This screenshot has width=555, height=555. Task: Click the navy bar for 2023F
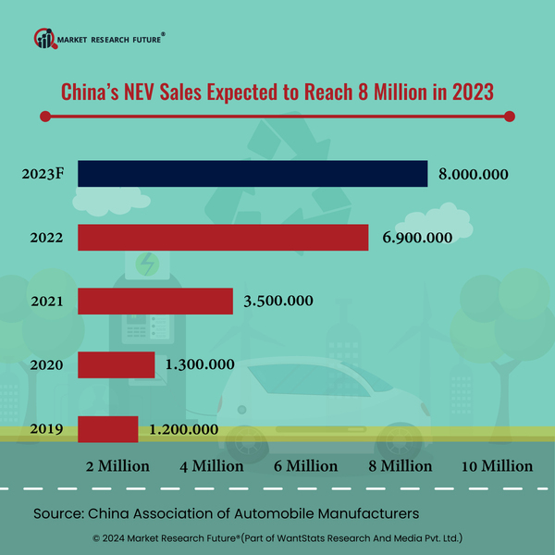click(253, 174)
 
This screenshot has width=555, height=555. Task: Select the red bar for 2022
click(223, 238)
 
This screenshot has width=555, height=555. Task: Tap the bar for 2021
click(155, 301)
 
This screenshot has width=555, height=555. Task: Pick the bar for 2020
click(117, 364)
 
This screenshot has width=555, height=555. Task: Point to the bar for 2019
click(108, 428)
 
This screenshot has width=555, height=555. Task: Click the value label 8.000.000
click(475, 174)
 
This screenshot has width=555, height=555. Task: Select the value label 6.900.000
click(416, 238)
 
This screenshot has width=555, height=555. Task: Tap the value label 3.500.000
click(277, 301)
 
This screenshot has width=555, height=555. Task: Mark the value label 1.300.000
click(199, 364)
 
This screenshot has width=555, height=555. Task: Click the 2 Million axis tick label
click(117, 465)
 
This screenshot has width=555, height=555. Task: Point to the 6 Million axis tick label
click(306, 465)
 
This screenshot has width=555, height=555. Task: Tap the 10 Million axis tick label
click(497, 465)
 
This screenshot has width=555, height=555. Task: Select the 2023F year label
click(43, 174)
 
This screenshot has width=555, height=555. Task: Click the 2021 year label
click(45, 301)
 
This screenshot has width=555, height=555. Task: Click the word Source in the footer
click(57, 512)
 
